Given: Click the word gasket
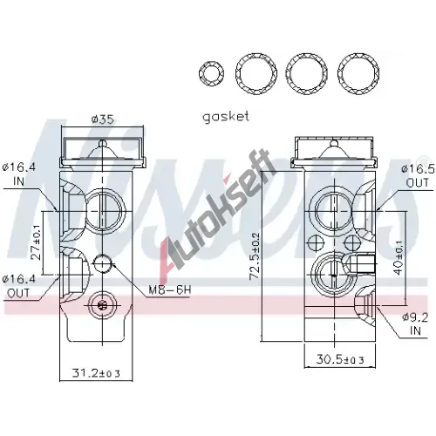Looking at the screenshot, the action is coord(226,117).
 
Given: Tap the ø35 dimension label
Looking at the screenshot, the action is coord(102,119).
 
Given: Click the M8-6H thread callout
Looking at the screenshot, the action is coord(170,290).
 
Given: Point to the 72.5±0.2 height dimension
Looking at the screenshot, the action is coord(255,255).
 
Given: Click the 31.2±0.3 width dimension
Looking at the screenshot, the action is coord(96,372).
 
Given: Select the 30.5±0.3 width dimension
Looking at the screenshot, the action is coord(340,359).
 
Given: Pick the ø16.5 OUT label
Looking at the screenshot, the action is coord(418,176).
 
